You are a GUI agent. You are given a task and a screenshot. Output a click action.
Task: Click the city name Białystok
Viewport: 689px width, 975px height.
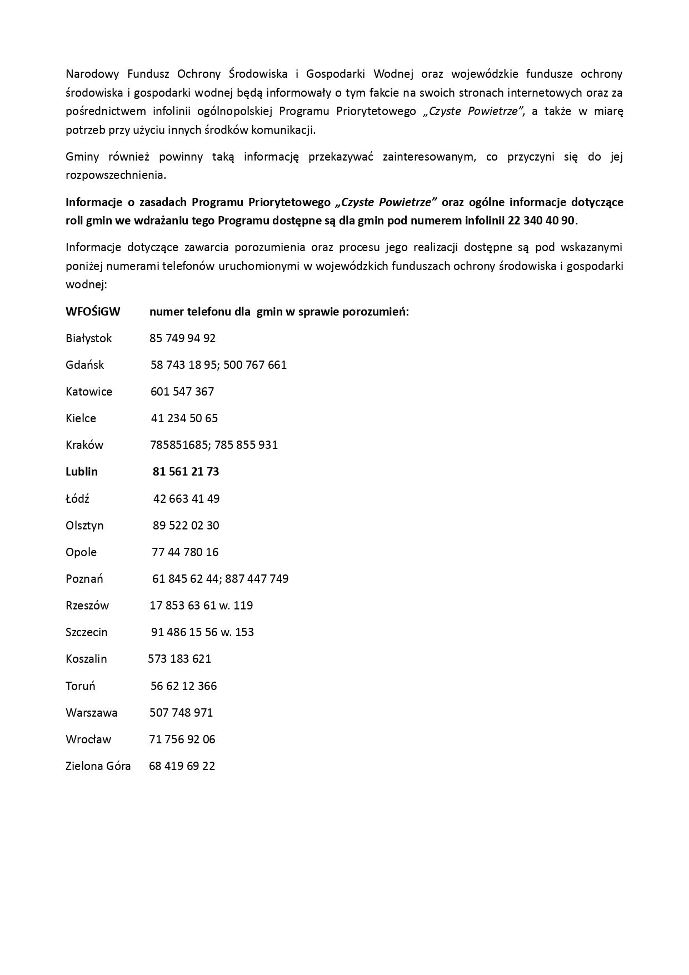tap(88, 338)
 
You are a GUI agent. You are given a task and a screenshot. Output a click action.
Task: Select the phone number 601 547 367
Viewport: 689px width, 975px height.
tap(182, 392)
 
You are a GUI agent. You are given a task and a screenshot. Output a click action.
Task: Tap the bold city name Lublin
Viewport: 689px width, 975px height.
tap(82, 472)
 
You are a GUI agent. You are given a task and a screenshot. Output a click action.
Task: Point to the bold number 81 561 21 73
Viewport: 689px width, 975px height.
tap(186, 472)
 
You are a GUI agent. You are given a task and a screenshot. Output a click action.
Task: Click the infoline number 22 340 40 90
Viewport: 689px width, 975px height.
tap(541, 221)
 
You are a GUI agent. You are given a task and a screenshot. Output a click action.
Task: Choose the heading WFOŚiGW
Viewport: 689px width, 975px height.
tap(93, 312)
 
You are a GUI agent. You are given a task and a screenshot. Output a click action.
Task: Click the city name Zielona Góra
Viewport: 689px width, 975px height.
tap(98, 766)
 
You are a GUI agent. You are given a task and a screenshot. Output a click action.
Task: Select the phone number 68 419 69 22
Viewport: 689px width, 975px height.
tap(182, 766)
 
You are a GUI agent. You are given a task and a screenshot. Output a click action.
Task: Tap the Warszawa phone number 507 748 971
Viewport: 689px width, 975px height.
tap(181, 713)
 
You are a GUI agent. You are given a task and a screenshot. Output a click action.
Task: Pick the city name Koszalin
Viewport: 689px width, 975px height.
tap(86, 659)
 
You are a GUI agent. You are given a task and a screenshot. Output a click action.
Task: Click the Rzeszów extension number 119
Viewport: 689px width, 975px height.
tap(243, 606)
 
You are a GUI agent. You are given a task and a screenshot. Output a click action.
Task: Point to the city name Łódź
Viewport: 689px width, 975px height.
tap(77, 499)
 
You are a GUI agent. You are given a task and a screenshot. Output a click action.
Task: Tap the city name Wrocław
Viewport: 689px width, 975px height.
tap(88, 739)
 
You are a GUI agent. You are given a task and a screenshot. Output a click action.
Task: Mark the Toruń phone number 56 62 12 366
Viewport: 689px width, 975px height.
tap(183, 686)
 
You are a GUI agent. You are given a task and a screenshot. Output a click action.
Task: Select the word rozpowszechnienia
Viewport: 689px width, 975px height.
tap(115, 175)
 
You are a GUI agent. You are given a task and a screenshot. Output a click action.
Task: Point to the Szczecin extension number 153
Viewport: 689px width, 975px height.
tap(244, 632)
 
